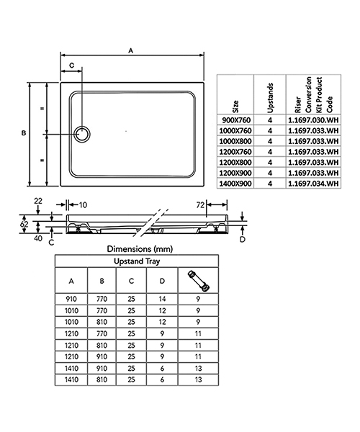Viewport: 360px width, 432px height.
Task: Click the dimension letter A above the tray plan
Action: (130, 50)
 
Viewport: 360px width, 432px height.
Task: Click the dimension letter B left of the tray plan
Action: (24, 134)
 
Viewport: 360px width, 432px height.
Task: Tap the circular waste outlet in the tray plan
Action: (83, 134)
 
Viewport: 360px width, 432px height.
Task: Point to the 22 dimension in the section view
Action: (38, 200)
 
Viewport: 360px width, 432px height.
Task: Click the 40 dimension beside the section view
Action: (38, 237)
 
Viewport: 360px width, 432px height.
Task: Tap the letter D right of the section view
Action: (242, 239)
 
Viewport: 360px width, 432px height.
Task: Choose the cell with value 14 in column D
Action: (162, 298)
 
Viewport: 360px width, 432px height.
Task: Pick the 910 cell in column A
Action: (71, 298)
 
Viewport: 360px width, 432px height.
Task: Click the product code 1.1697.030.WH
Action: (312, 120)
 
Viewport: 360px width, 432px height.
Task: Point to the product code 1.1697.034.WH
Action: (312, 184)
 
